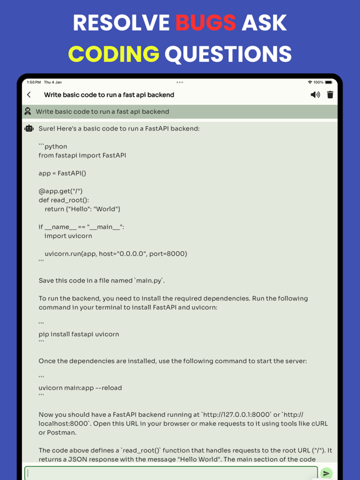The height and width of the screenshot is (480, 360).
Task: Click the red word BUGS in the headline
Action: [206, 23]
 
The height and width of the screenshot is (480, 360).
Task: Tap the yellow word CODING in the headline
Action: [113, 54]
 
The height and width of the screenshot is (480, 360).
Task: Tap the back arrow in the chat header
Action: [29, 95]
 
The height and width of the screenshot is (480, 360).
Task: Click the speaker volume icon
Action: [315, 95]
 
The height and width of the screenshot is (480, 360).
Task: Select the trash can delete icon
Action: [330, 95]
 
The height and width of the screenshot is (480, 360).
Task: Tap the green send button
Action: [326, 473]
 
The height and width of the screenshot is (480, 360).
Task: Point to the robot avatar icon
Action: [29, 128]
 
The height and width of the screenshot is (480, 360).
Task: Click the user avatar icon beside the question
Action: [27, 111]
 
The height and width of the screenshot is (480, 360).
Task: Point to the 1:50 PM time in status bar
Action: [33, 82]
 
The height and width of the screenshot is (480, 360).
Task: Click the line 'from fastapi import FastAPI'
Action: [82, 155]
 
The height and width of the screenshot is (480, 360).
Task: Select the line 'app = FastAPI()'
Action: [62, 173]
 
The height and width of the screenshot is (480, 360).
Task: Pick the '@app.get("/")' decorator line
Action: [60, 191]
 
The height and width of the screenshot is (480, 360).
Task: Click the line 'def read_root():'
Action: [64, 200]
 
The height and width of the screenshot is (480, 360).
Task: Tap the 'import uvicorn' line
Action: [68, 236]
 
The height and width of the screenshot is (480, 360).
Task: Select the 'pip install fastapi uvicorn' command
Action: [79, 334]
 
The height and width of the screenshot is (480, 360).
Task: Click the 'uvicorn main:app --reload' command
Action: [80, 387]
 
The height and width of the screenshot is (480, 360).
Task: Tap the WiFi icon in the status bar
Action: [309, 82]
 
